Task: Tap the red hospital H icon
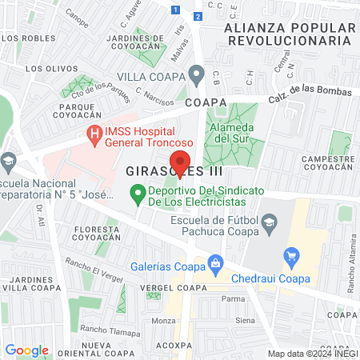(94, 133)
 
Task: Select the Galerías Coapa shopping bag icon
(214, 262)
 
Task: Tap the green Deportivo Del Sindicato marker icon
(137, 193)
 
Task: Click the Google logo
(26, 350)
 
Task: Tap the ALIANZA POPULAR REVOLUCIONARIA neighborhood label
(289, 34)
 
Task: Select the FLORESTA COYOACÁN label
(96, 234)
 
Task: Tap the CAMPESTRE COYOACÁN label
(328, 163)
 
